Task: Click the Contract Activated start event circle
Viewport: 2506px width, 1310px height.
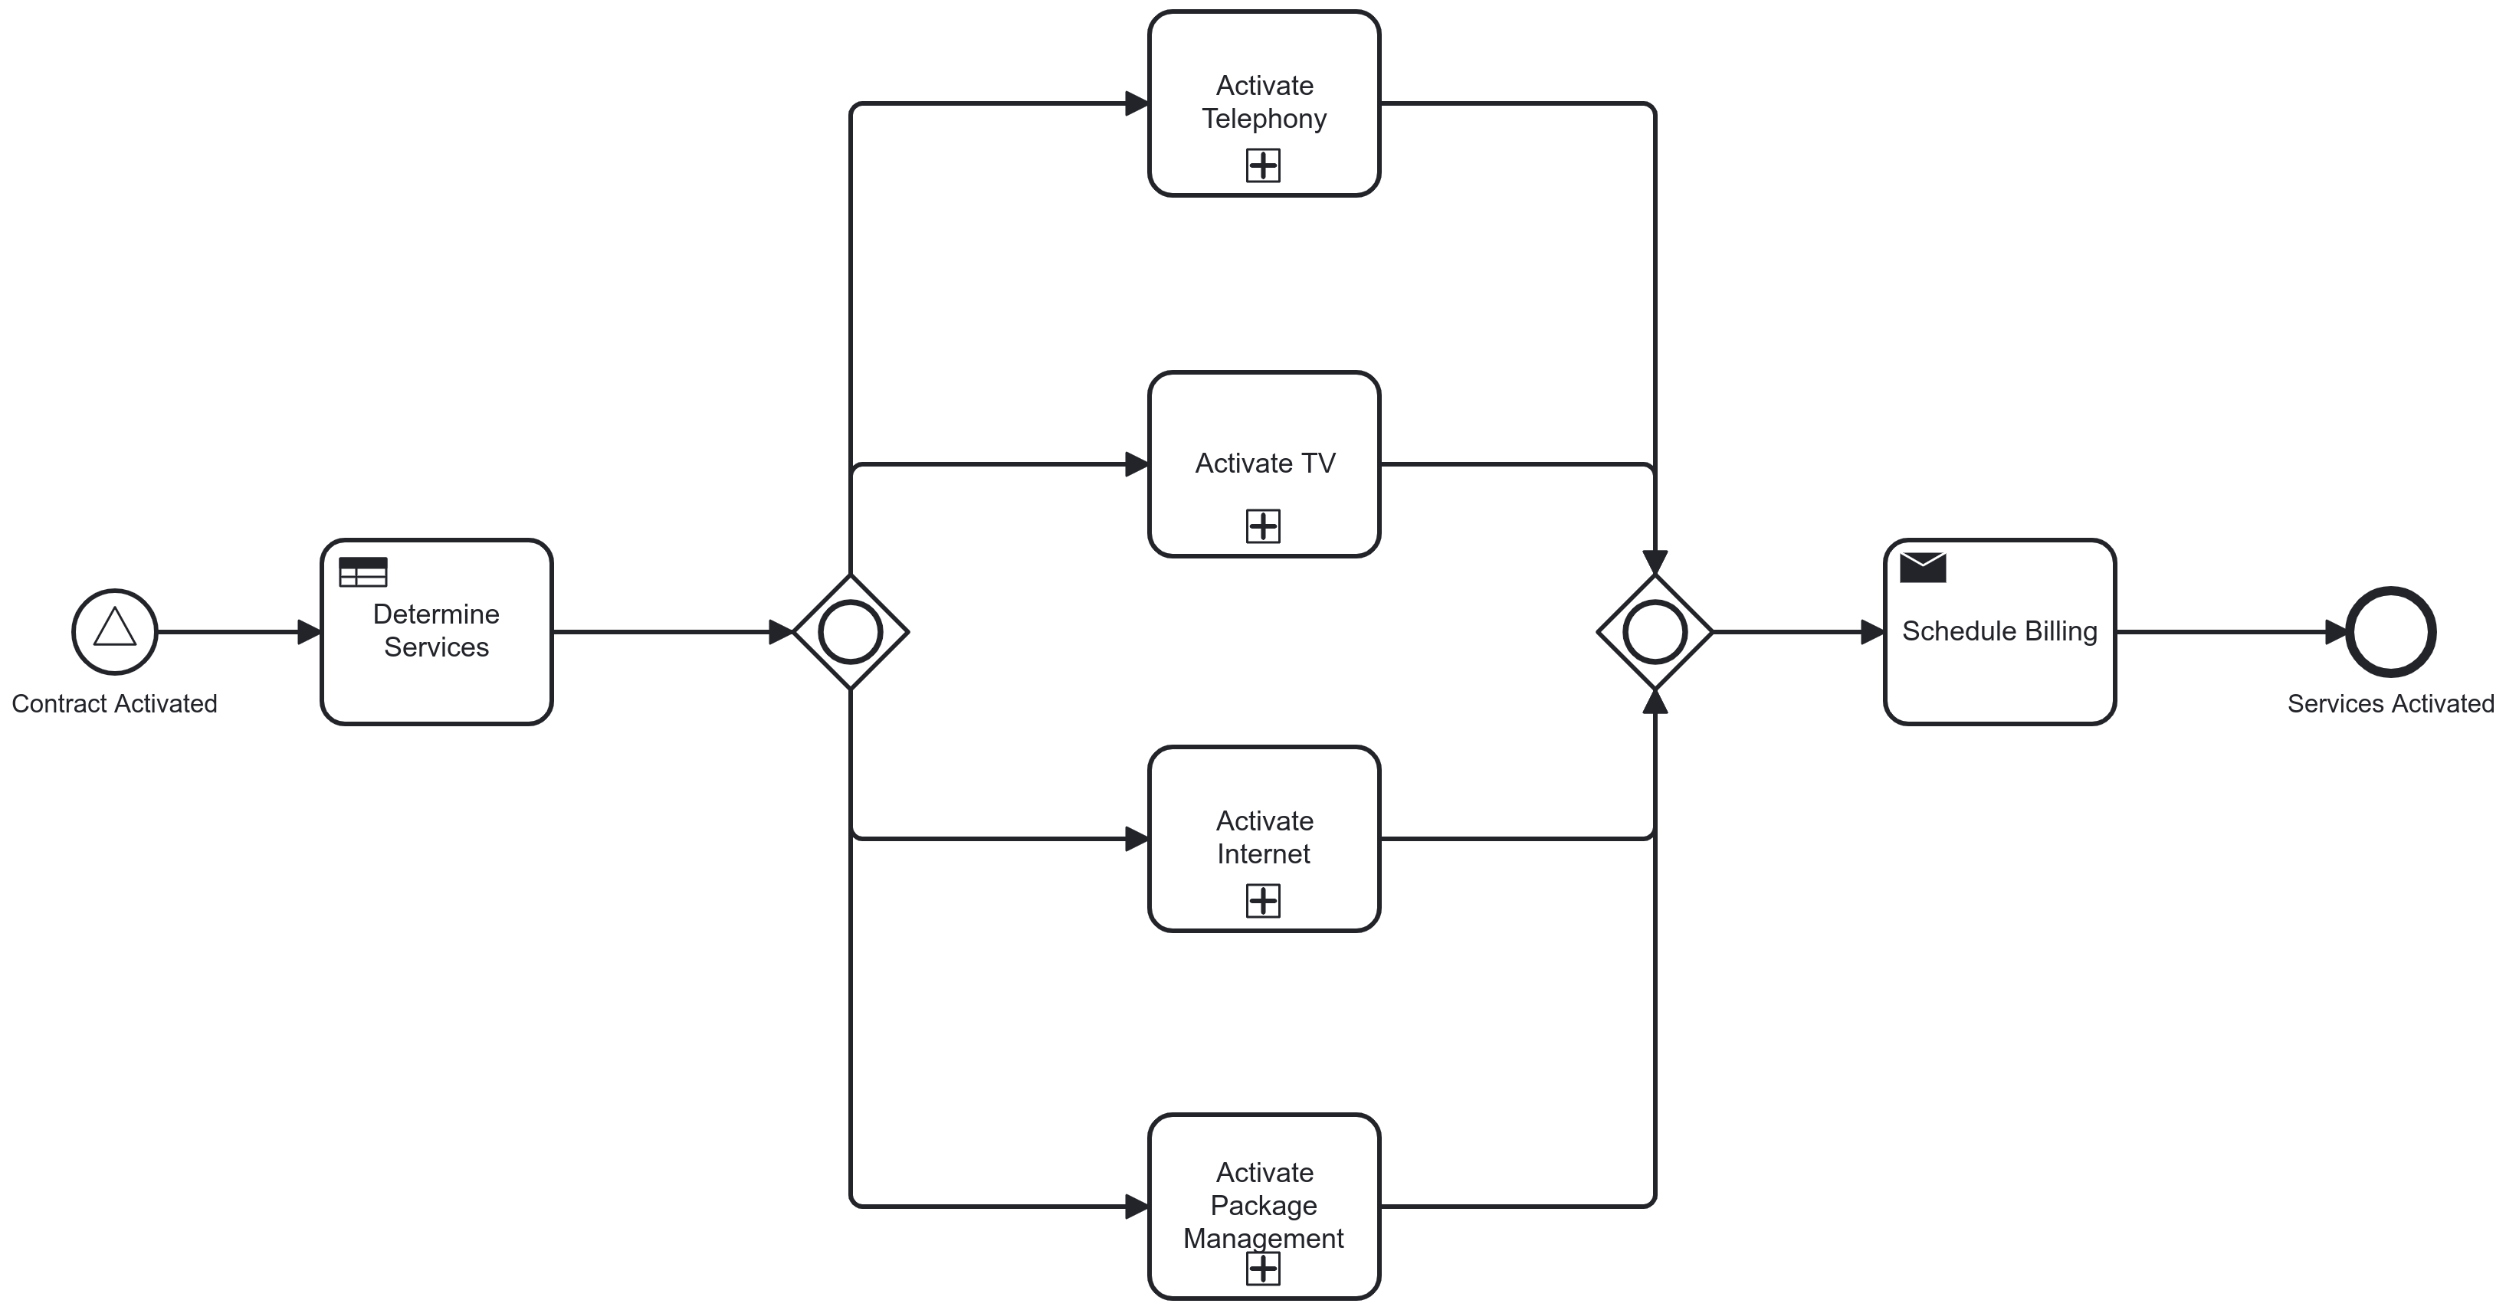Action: (x=115, y=631)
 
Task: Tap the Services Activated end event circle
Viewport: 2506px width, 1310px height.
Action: (x=2390, y=631)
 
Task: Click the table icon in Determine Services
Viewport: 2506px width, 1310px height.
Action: (x=362, y=571)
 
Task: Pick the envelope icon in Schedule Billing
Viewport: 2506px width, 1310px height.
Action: (x=1922, y=567)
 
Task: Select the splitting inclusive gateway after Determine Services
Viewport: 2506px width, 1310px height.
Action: (x=850, y=632)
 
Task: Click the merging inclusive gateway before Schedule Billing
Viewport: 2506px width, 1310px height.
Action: (x=1654, y=632)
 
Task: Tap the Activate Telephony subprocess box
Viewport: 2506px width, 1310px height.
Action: (x=1264, y=58)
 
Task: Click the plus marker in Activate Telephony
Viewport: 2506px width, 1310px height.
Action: (x=1263, y=165)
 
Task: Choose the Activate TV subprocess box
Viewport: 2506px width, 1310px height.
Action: (x=1264, y=418)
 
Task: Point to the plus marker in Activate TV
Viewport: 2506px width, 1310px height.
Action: (x=1263, y=526)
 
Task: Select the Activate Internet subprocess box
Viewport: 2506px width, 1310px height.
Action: (x=1264, y=788)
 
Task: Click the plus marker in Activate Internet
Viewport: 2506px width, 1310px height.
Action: (x=1263, y=901)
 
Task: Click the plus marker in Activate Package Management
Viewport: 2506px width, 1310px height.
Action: (x=1263, y=1268)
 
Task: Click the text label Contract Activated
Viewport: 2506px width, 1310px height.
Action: (x=115, y=703)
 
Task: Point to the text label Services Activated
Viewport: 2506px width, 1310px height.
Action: (x=2390, y=703)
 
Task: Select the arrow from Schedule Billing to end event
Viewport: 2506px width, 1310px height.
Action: (x=2228, y=632)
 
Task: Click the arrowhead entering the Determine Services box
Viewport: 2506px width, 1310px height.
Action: (x=310, y=632)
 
